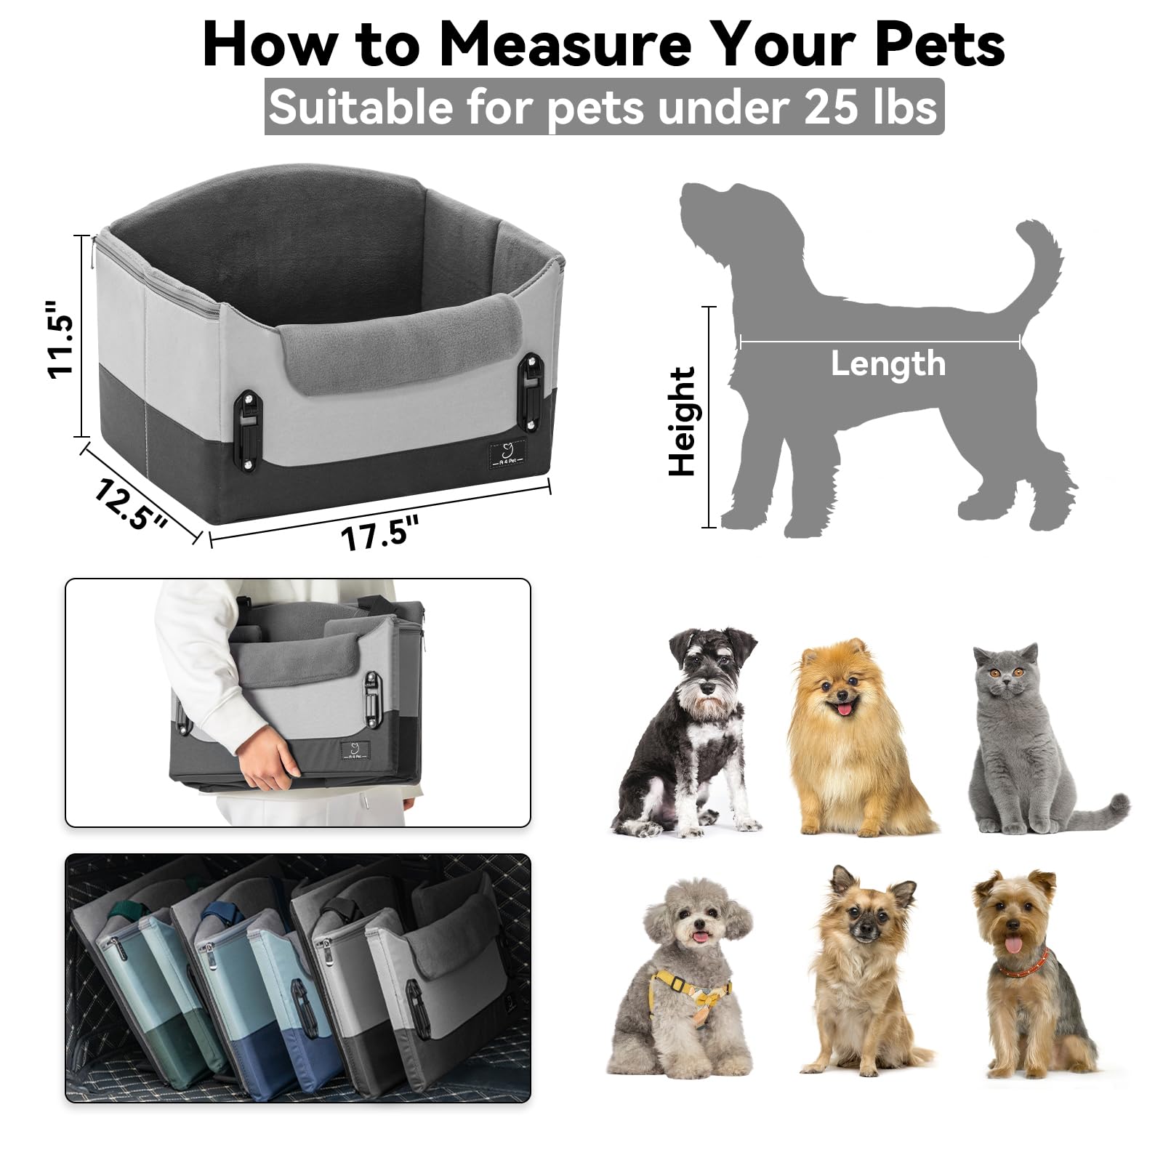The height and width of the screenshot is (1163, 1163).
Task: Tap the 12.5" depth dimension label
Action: [x=131, y=504]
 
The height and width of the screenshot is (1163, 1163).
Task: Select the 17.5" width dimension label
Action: [x=379, y=533]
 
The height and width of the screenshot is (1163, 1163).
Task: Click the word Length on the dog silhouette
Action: [x=888, y=363]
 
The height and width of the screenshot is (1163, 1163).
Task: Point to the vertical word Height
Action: [x=683, y=422]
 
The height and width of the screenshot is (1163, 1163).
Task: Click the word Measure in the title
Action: [x=565, y=45]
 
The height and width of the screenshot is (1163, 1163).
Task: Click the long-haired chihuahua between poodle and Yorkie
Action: [x=861, y=974]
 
